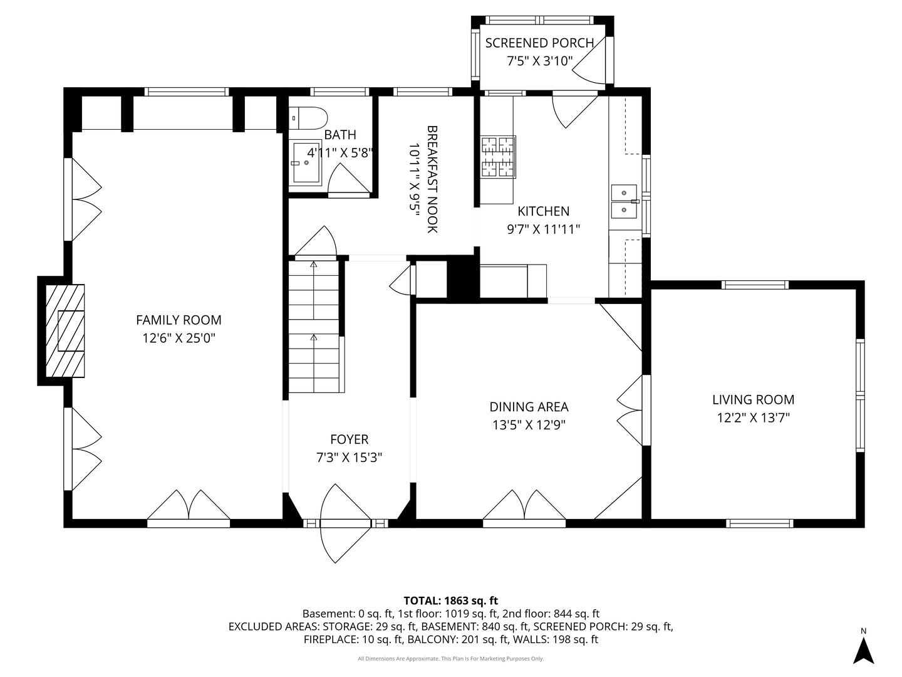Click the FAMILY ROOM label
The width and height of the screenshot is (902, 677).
click(x=179, y=320)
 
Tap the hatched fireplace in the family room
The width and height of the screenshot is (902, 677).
click(x=65, y=330)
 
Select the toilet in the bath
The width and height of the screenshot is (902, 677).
click(x=308, y=118)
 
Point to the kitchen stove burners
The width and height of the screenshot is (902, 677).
click(x=499, y=157)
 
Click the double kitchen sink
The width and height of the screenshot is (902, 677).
click(x=624, y=201)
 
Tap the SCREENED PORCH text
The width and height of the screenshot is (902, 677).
click(x=539, y=43)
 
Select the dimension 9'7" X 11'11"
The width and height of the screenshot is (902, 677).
click(x=543, y=229)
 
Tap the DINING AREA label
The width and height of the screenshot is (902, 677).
click(x=529, y=407)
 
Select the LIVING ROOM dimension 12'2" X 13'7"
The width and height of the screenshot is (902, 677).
click(x=754, y=417)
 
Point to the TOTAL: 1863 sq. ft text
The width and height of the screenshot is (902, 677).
click(x=451, y=601)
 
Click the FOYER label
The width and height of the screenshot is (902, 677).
click(x=350, y=439)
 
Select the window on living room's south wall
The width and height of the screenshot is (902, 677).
click(x=759, y=523)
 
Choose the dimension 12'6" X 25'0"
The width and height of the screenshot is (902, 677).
click(x=179, y=338)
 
